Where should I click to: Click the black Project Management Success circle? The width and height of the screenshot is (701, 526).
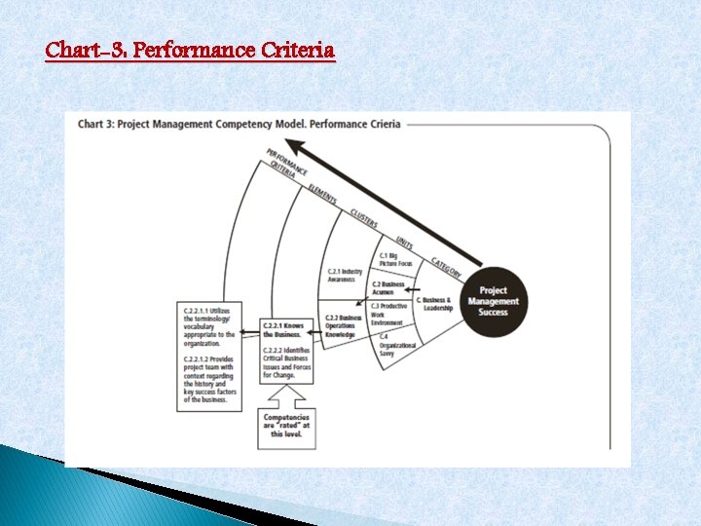coord(494,301)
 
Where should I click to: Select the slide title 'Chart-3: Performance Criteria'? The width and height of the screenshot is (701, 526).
coord(190,49)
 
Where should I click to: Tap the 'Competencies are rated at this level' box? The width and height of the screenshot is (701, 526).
coord(286,427)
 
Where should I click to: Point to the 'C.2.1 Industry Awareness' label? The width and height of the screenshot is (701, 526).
coord(346,276)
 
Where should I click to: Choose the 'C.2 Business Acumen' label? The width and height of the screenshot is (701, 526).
coord(388,288)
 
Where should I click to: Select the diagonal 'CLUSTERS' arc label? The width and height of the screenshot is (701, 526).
coord(363,218)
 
